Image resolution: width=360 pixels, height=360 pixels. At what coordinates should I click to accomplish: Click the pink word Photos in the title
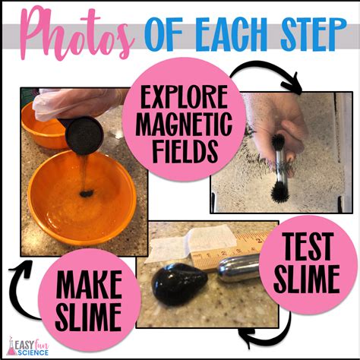(76, 34)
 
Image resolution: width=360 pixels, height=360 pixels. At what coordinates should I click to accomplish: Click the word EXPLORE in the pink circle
(184, 97)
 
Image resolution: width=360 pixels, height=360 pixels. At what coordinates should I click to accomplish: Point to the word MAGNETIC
(184, 124)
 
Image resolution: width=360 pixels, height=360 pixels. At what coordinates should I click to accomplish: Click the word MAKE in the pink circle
(89, 284)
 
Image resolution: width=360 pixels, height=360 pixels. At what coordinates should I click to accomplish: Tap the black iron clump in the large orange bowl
(87, 194)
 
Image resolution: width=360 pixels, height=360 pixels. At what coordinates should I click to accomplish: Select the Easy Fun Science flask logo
(11, 346)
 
